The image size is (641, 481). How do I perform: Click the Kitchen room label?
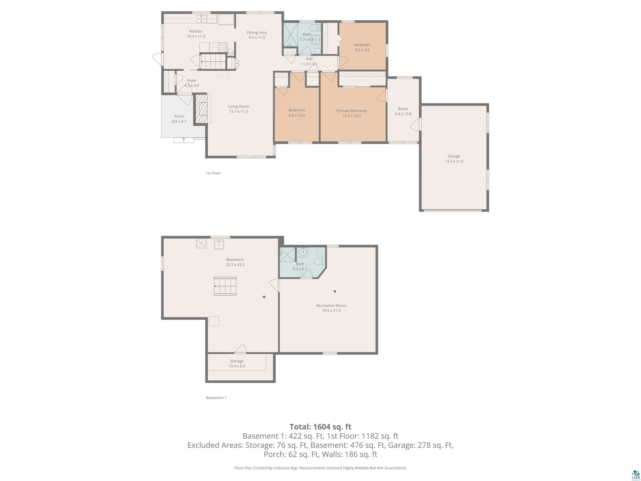tap(196, 31)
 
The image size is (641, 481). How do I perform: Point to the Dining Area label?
tap(257, 33)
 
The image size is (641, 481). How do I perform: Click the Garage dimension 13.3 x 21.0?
tap(454, 161)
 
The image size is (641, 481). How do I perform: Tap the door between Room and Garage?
tap(416, 124)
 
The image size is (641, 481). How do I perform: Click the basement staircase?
tap(225, 286)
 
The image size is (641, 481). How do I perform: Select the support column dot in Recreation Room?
tap(335, 291)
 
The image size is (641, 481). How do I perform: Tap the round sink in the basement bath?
tap(303, 252)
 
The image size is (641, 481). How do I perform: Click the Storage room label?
tap(237, 361)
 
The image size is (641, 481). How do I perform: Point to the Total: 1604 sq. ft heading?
tap(320, 427)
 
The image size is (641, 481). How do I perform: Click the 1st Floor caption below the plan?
tap(213, 173)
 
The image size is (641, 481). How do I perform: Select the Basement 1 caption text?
tap(216, 398)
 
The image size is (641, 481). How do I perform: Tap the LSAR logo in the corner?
tap(636, 474)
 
